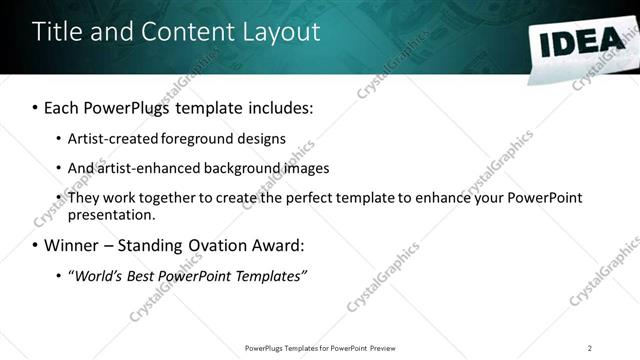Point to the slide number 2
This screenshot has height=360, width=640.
click(590, 348)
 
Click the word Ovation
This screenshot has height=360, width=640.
click(220, 245)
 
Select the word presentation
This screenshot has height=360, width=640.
click(111, 215)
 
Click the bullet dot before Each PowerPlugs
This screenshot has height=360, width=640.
click(36, 107)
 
